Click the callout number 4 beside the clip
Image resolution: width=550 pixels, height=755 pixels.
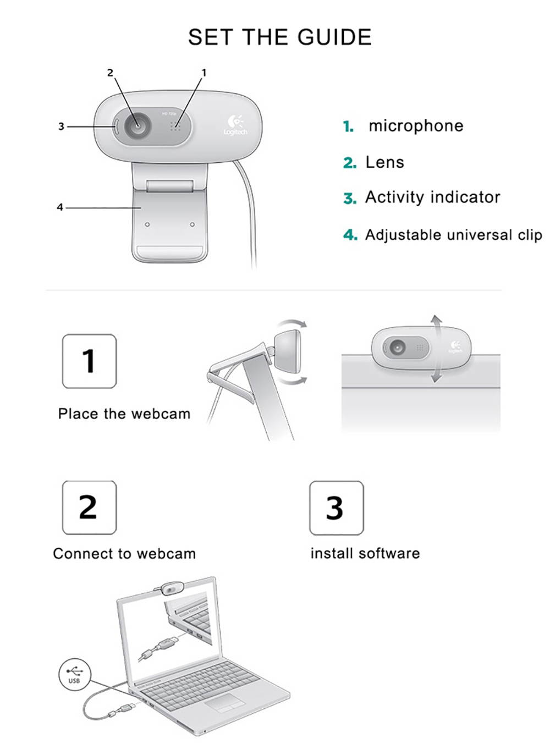click(60, 207)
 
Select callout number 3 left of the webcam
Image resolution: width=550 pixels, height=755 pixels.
click(61, 126)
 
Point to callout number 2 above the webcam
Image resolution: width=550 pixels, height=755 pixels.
click(110, 73)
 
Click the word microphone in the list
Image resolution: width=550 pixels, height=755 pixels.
click(416, 126)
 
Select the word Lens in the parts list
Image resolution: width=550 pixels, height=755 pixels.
click(384, 162)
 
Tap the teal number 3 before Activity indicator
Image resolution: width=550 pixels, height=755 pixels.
click(350, 198)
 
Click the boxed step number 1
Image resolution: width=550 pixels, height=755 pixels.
click(89, 361)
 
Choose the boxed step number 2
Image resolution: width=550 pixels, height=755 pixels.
click(89, 507)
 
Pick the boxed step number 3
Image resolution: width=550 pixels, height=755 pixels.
click(335, 508)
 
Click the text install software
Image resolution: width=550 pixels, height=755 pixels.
click(365, 553)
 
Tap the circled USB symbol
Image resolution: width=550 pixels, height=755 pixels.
click(74, 674)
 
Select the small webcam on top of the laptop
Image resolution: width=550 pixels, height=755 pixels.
click(171, 588)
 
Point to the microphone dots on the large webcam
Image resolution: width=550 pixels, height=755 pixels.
click(175, 126)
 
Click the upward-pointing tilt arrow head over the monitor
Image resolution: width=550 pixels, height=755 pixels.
click(436, 319)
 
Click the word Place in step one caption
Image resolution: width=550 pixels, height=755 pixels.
click(78, 414)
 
